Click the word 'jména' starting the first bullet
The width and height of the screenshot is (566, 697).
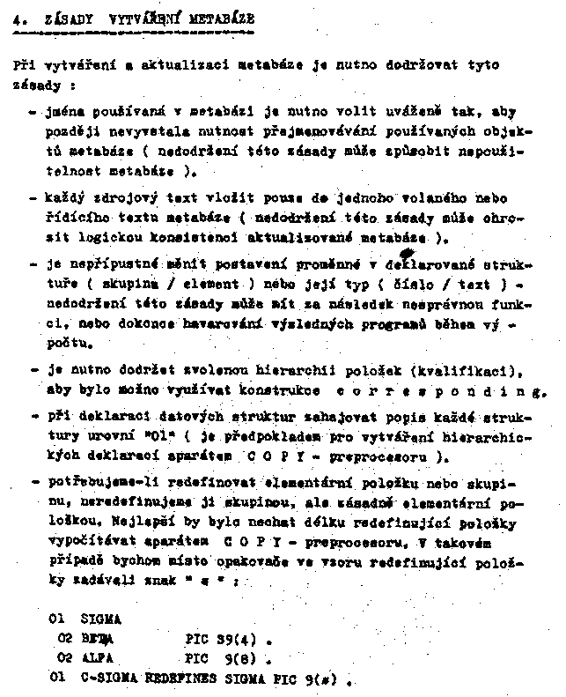pos(59,113)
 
